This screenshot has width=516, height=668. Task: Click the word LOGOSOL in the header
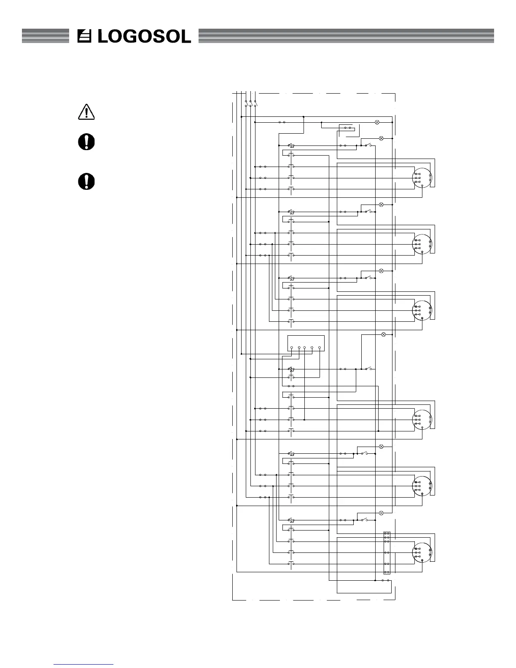pyautogui.click(x=144, y=36)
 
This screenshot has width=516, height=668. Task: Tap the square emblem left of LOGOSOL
pyautogui.click(x=86, y=36)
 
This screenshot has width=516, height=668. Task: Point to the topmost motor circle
pyautogui.click(x=422, y=178)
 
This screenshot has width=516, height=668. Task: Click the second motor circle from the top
pyautogui.click(x=422, y=244)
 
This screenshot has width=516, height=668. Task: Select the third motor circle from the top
pyautogui.click(x=422, y=310)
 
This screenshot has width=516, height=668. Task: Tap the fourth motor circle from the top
pyautogui.click(x=422, y=420)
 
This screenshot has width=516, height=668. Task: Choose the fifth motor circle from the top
pyautogui.click(x=422, y=486)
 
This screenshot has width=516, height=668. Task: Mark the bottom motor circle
pyautogui.click(x=422, y=552)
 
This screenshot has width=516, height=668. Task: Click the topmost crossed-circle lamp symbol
pyautogui.click(x=377, y=122)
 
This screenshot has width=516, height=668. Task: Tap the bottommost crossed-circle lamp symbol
pyautogui.click(x=381, y=513)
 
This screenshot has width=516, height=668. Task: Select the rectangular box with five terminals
pyautogui.click(x=306, y=343)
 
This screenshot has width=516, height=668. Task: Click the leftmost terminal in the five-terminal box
pyautogui.click(x=292, y=348)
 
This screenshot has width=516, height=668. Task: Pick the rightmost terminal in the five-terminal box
pyautogui.click(x=320, y=348)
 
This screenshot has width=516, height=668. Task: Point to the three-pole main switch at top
pyautogui.click(x=250, y=103)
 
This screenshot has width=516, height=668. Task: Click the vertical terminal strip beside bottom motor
pyautogui.click(x=387, y=553)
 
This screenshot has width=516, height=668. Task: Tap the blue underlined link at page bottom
pyautogui.click(x=84, y=664)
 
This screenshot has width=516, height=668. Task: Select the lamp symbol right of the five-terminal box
pyautogui.click(x=383, y=334)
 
